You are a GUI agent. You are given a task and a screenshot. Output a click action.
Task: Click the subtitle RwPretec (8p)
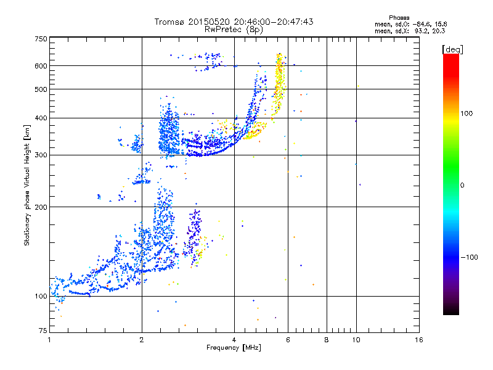point(234,30)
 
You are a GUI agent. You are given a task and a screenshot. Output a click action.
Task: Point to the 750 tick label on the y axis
point(41,39)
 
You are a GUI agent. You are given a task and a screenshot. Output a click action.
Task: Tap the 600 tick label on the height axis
point(41,66)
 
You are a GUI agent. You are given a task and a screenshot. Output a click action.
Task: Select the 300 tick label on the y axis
point(41,155)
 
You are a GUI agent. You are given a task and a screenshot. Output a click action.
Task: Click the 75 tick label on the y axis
point(43,331)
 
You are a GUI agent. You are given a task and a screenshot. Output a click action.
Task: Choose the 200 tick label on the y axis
point(41,207)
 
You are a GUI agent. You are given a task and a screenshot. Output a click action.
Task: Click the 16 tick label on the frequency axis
point(419,340)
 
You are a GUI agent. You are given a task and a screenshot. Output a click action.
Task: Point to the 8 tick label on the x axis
point(327,340)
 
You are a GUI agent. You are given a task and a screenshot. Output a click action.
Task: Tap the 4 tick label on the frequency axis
point(234,340)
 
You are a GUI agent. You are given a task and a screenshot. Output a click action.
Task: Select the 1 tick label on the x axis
point(49,340)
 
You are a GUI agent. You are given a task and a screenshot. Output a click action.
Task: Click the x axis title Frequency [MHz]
point(234,348)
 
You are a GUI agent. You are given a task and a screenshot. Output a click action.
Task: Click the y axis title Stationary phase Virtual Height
point(26,186)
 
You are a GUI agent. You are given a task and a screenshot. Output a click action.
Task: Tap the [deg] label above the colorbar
point(452,49)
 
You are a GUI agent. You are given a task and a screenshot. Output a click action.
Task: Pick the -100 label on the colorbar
point(469,257)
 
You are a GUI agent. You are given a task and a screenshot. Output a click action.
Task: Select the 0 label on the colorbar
point(462,186)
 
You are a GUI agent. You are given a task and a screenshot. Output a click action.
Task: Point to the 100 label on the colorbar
point(467,113)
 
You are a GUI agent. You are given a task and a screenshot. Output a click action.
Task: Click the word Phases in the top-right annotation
point(399,18)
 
